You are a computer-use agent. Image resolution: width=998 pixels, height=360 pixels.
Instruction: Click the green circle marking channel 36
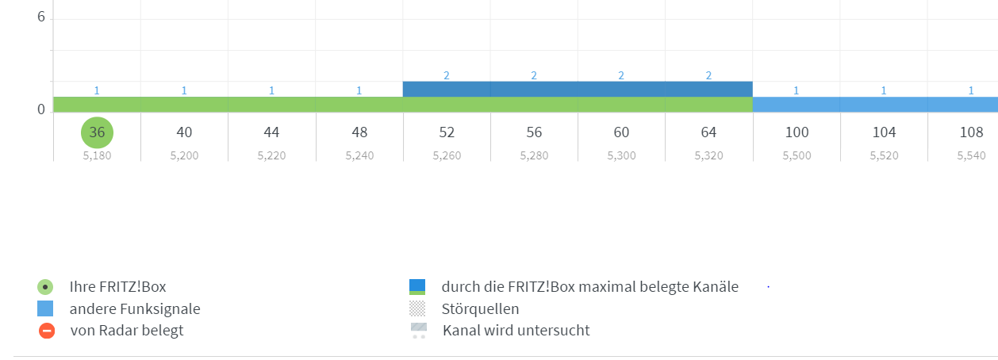coord(97,132)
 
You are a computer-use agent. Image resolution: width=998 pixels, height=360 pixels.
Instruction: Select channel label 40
coord(184,132)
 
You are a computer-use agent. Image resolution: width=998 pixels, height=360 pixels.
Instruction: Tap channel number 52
coord(447,132)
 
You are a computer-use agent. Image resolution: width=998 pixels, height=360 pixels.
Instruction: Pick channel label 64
coord(708,132)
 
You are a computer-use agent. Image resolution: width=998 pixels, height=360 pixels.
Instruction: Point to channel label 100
coord(796,132)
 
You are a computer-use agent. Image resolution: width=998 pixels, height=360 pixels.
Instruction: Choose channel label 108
coord(971,132)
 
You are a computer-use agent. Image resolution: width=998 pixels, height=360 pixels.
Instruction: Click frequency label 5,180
coord(97,155)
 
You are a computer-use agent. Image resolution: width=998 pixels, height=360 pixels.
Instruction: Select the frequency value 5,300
coord(621,155)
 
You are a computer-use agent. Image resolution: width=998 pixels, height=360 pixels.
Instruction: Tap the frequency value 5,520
coord(884,155)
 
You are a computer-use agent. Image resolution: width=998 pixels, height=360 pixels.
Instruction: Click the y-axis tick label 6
coord(40,17)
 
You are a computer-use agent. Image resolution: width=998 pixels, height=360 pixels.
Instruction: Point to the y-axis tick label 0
coord(40,109)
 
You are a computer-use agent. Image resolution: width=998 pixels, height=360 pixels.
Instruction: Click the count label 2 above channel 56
coord(534,75)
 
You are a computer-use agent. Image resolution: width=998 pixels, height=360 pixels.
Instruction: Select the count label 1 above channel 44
coord(271,90)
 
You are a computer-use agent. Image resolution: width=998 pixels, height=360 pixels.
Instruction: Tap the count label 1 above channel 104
coord(884,90)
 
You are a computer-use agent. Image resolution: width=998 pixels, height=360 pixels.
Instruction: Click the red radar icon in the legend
coord(47,331)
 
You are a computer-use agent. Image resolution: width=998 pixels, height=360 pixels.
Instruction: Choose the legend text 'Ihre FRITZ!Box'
coord(117,286)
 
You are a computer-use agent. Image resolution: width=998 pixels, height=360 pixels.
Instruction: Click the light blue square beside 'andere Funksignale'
coord(46,308)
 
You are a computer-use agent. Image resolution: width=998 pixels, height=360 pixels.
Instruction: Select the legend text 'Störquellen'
coord(480,308)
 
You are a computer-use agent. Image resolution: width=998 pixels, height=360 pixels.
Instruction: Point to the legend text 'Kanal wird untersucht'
coord(516,330)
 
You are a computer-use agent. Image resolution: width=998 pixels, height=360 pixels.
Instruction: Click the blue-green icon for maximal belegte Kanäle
coord(417,286)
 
